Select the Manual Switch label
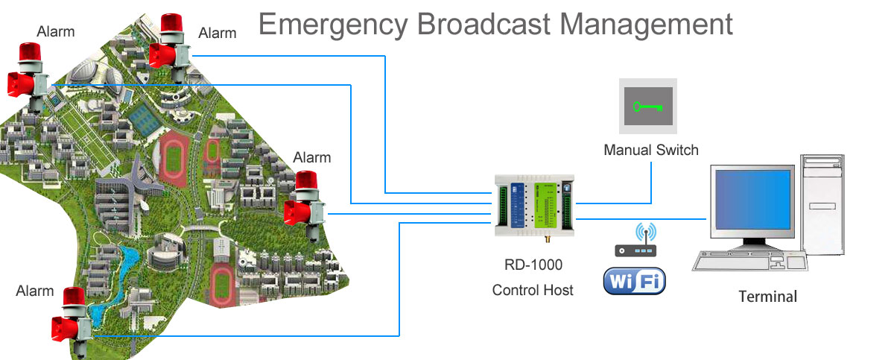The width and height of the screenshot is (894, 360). pos(651,151)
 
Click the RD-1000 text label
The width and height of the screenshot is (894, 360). pos(533,265)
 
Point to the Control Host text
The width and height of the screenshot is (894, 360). pos(533,290)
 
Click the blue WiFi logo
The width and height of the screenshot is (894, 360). pos(634,282)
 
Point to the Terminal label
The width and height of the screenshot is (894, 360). pos(767,297)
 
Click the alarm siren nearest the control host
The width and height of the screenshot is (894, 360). pos(305,201)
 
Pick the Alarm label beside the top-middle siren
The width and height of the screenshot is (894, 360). pos(218,33)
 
